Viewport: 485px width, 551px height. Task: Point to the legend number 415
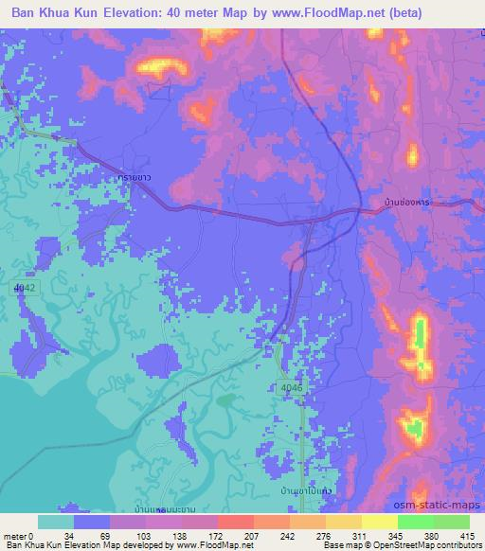coord(468,535)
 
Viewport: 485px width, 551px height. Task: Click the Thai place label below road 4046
coord(304,492)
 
